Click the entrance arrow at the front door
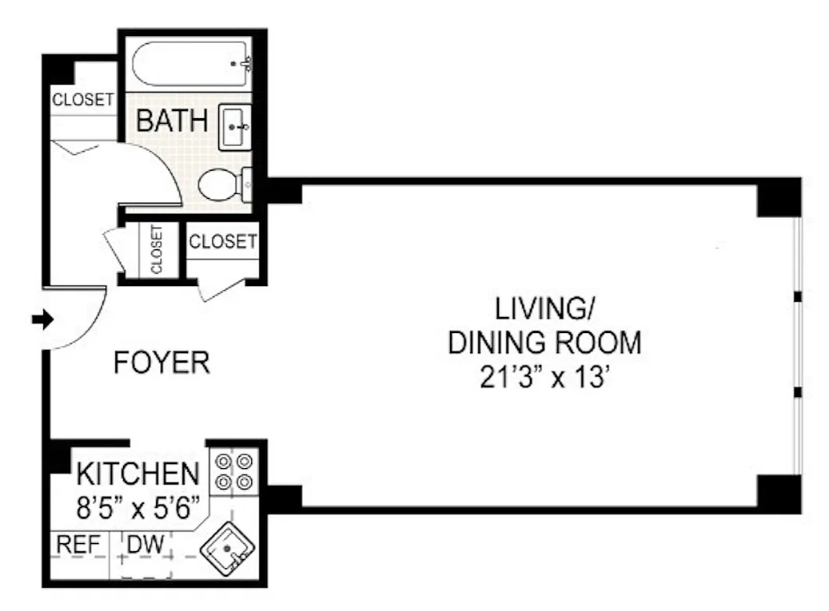click(43, 319)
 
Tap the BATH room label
click(172, 121)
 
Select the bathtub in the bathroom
click(191, 64)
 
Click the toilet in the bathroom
click(225, 184)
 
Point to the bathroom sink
click(235, 127)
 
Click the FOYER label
click(161, 363)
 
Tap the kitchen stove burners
click(233, 471)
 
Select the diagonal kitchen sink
click(228, 549)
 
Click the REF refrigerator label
click(78, 544)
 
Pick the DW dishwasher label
click(145, 544)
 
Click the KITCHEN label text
click(138, 474)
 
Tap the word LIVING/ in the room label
click(544, 308)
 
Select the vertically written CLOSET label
click(157, 249)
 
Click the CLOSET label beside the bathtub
click(82, 99)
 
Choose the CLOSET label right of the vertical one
click(222, 241)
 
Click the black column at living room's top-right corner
click(779, 197)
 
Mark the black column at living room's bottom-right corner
click(779, 494)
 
